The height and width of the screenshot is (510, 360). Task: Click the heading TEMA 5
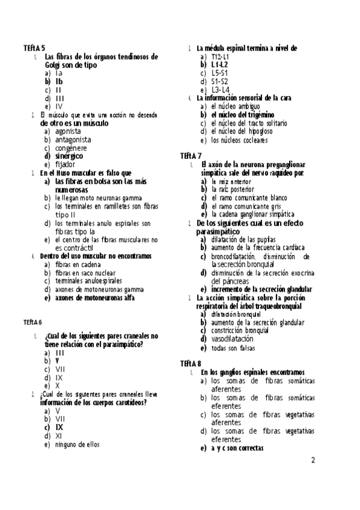(34, 48)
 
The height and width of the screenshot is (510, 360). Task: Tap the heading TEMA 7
(191, 155)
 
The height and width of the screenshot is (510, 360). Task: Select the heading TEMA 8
(191, 363)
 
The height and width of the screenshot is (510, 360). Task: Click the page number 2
(313, 461)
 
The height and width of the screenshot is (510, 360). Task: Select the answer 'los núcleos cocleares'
(239, 141)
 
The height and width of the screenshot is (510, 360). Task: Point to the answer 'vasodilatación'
(232, 339)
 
